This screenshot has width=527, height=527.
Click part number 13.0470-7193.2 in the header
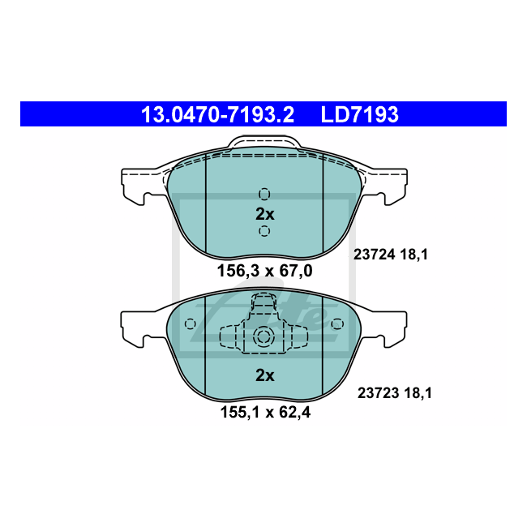[x=217, y=114]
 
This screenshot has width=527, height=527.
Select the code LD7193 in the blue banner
[x=359, y=114]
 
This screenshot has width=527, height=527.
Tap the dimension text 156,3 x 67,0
[x=265, y=271]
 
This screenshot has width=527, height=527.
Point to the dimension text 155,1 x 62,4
[x=265, y=412]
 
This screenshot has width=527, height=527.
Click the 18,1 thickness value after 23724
[x=413, y=255]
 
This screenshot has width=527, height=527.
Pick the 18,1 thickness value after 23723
[x=418, y=392]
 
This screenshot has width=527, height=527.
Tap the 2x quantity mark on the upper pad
[x=265, y=214]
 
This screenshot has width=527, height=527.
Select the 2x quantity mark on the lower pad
[x=265, y=375]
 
